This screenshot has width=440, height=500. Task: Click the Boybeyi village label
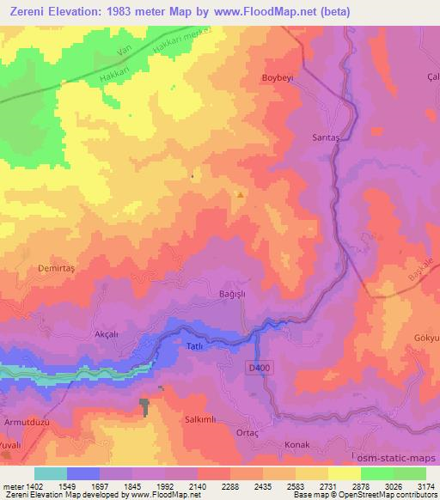pos(278,77)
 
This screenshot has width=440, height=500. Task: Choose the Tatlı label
pos(194,345)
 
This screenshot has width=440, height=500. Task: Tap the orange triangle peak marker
pos(240,194)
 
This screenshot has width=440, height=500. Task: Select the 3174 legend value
pos(425,485)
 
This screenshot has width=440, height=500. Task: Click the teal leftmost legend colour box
pos(51,473)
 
